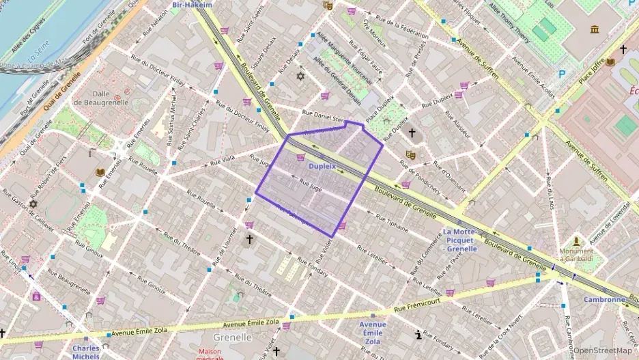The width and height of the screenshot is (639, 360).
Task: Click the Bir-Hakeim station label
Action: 193,5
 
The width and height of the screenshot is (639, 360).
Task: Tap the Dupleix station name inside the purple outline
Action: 322,166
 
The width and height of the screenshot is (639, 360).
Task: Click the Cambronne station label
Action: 604,299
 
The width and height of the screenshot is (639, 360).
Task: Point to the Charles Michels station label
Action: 86,351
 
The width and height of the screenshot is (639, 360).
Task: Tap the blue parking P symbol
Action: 562,74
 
